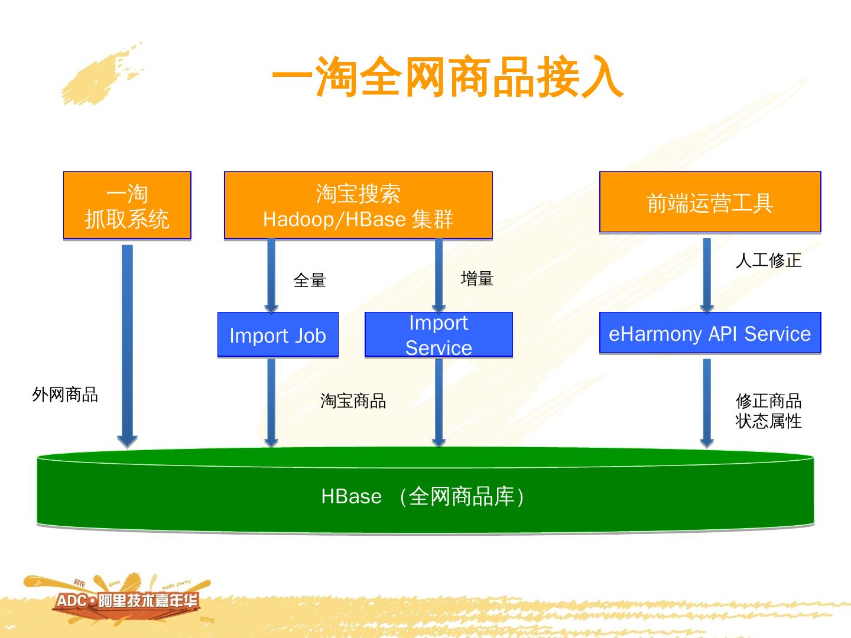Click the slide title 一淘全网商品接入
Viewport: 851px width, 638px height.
point(447,77)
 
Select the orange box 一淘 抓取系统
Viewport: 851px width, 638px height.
point(127,206)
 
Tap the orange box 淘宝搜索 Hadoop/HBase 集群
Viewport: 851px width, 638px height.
point(358,206)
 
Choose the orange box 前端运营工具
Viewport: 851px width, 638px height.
point(710,203)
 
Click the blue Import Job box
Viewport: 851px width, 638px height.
point(278,335)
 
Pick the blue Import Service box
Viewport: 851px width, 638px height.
point(439,335)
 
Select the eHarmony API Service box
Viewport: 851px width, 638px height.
point(710,333)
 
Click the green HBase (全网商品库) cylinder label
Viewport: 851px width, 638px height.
point(423,496)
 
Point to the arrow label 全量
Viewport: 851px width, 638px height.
point(310,280)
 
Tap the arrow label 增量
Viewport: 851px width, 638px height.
point(477,278)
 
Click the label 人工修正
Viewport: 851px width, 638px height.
point(768,260)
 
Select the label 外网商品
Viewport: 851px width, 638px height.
point(65,394)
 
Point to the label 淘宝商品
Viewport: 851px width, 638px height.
point(353,401)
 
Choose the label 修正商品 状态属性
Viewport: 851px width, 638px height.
point(768,411)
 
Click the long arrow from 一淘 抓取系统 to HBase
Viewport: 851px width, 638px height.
point(127,343)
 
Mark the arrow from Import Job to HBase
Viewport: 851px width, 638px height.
point(271,402)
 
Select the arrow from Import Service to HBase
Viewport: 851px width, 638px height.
point(439,402)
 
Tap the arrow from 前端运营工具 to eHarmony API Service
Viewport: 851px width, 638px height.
point(707,275)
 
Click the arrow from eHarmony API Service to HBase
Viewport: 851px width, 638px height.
point(707,402)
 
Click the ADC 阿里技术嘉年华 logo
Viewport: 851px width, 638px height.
point(127,601)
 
